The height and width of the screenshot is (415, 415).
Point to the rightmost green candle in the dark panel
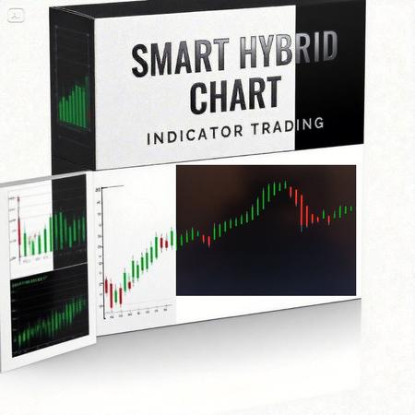(x=350, y=208)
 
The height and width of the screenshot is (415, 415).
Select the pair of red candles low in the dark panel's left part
(x=206, y=241)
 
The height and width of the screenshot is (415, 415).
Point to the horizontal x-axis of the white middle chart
(x=138, y=316)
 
